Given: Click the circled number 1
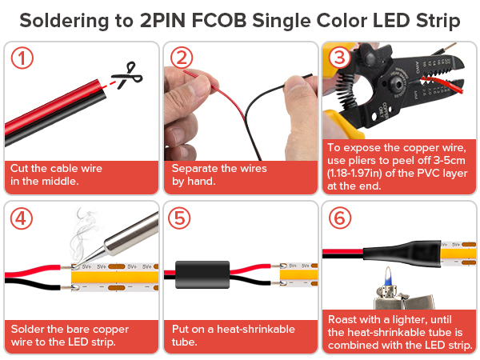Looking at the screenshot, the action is pos(22,58).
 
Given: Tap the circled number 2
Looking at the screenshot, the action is pos(182,58).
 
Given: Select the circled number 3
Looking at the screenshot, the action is pos(339,58).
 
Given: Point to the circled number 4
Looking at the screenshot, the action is pos(22,218).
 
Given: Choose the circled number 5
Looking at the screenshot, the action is pos(179,218).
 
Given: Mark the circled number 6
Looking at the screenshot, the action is pos(340,218).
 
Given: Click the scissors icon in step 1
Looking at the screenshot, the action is pos(127,75).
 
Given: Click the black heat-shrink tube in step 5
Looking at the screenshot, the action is pos(202,274).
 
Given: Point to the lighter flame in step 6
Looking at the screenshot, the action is pos(388,277).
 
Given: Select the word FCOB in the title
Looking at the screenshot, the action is pos(219,21).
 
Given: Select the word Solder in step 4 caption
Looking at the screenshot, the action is pos(27,329).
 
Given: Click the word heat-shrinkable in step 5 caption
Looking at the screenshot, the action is pos(256,329).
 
